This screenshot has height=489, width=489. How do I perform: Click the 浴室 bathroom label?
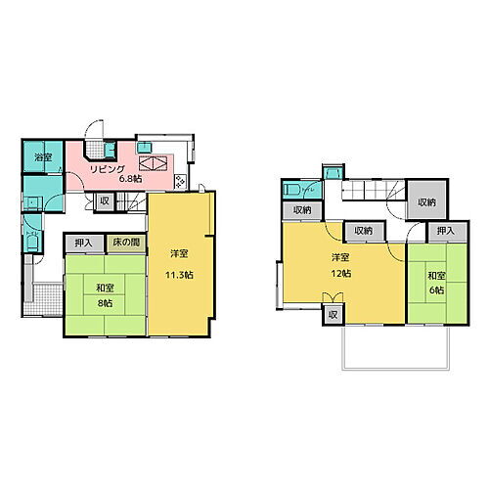click(x=42, y=157)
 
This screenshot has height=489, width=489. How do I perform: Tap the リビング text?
click(x=108, y=168)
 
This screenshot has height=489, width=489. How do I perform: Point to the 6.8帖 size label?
click(x=131, y=179)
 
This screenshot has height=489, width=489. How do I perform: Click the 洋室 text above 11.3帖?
click(x=178, y=253)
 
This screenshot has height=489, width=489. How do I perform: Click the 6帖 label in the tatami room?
click(x=435, y=290)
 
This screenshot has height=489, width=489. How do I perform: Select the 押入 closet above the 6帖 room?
click(x=446, y=231)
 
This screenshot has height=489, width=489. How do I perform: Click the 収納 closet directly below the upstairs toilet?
click(x=300, y=209)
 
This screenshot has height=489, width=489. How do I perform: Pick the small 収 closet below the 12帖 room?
click(x=333, y=314)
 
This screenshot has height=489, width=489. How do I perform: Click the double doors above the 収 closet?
click(x=333, y=300)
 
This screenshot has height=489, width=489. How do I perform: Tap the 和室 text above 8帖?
click(x=103, y=288)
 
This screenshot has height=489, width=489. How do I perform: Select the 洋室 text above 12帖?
click(x=339, y=258)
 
